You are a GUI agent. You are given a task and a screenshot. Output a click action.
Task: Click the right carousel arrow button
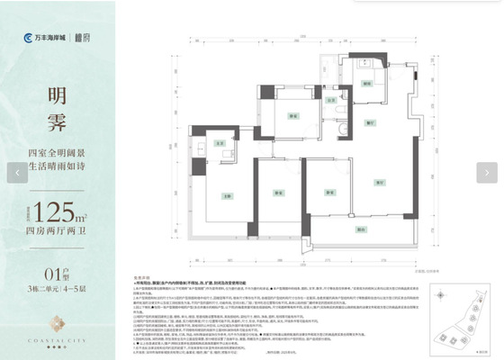(488, 172)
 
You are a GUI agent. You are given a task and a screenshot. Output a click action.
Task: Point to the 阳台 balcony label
(360, 229)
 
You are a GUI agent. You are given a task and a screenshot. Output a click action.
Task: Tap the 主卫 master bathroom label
(220, 143)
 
